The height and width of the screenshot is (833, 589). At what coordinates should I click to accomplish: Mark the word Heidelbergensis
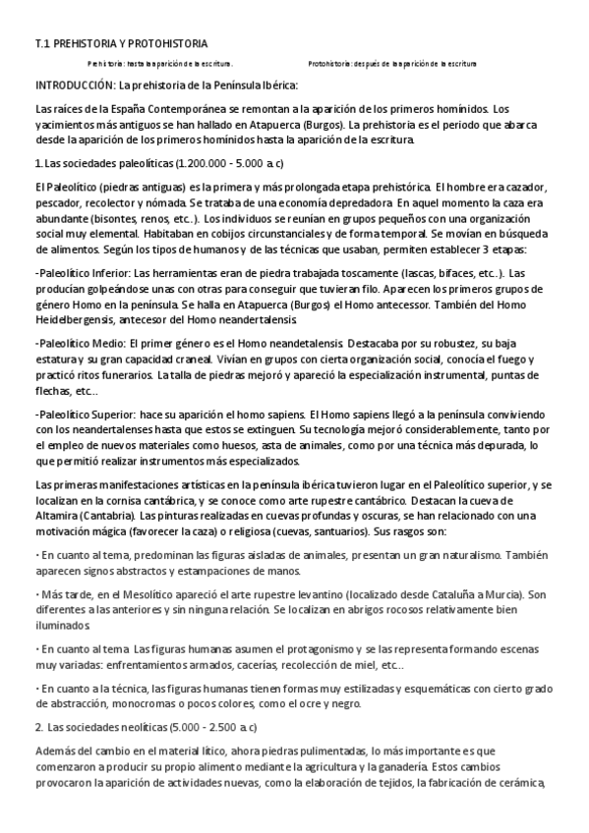76,320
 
